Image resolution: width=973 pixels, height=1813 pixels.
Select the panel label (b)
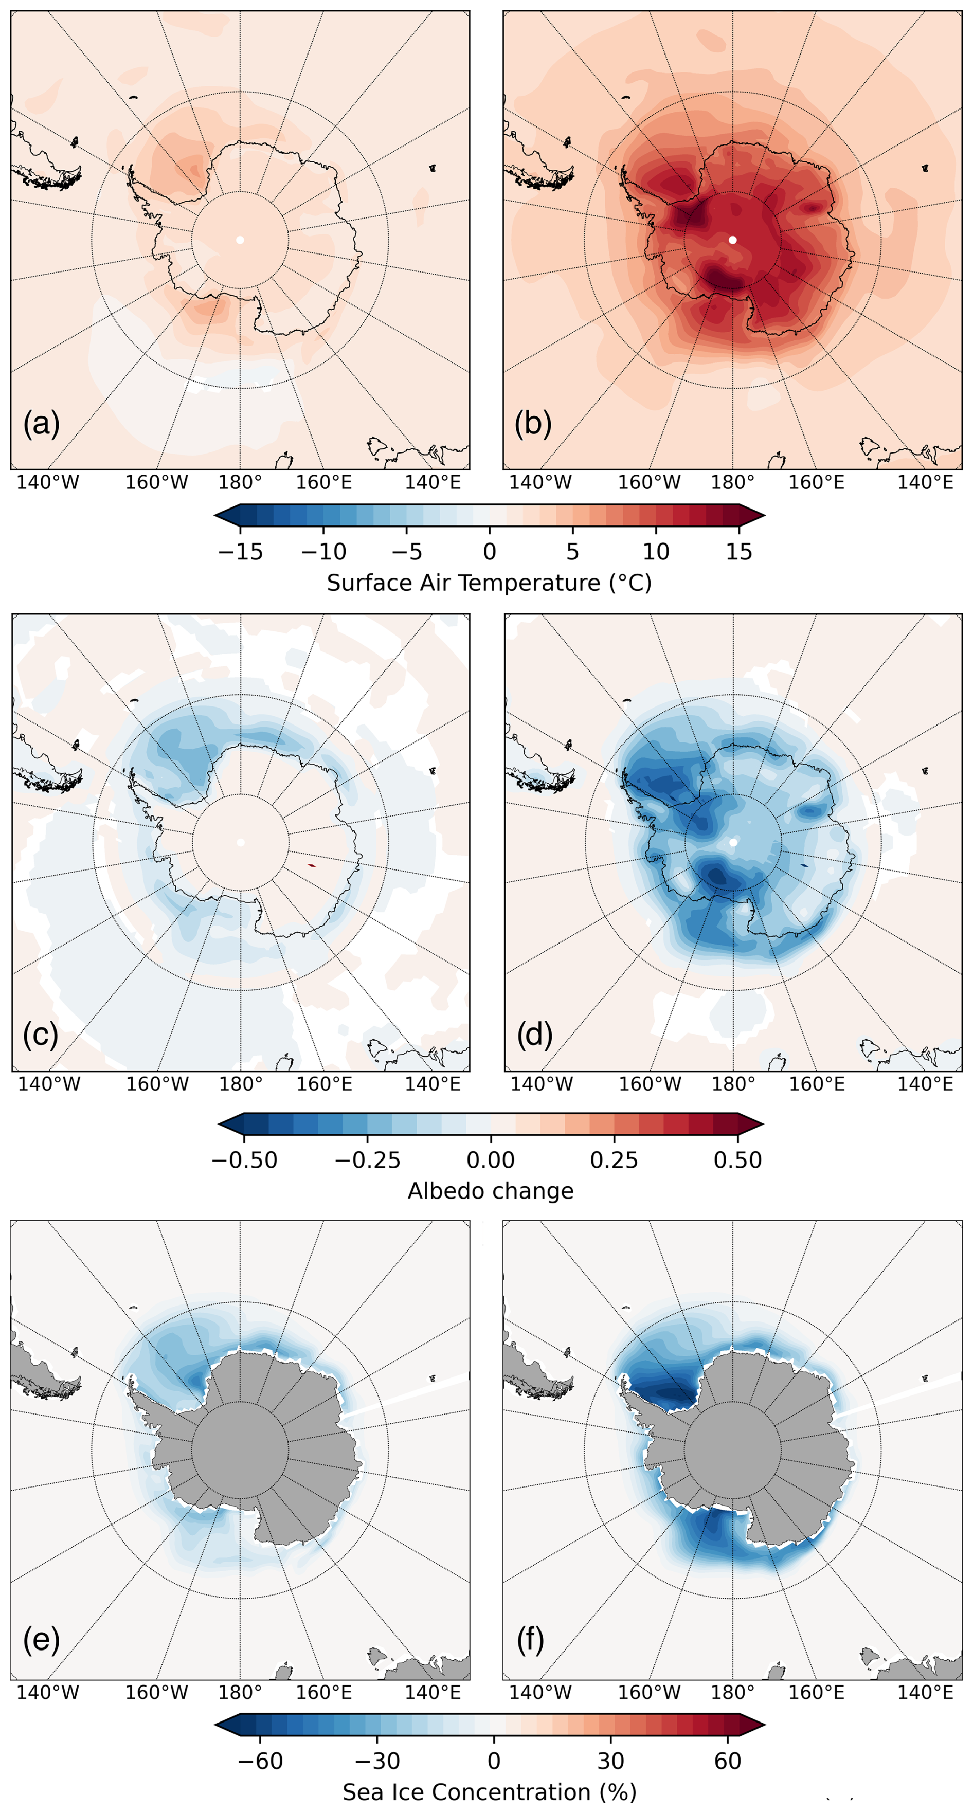tap(533, 424)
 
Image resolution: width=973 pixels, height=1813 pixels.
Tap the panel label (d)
tap(534, 1035)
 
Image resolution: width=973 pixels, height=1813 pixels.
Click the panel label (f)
tap(531, 1640)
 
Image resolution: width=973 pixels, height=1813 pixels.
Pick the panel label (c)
tap(41, 1035)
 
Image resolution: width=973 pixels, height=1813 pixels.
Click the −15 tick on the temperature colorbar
tap(240, 551)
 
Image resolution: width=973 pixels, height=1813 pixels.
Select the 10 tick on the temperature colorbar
tap(656, 551)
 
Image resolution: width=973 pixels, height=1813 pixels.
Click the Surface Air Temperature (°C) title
tap(489, 583)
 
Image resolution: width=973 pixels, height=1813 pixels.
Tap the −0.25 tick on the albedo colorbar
tap(367, 1160)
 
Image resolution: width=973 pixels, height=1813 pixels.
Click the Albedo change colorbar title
tap(491, 1191)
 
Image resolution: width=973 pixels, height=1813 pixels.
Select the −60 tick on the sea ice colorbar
tap(261, 1761)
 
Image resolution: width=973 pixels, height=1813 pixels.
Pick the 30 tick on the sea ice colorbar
tap(610, 1761)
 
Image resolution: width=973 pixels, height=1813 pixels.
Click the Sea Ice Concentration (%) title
tap(489, 1792)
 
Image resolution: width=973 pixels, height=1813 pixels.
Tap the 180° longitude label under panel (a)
tap(240, 483)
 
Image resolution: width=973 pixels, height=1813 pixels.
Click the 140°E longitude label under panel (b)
tap(925, 483)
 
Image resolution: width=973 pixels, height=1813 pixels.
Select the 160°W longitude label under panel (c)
tap(157, 1084)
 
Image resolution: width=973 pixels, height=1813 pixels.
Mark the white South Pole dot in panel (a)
tap(240, 240)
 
